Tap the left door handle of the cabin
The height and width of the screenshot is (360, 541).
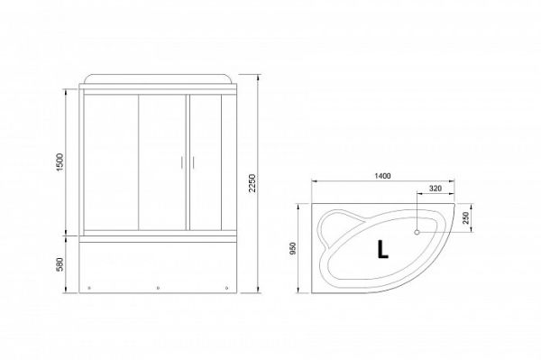tap(181, 162)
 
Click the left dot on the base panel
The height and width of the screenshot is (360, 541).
tap(91, 289)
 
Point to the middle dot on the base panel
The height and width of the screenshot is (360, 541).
tap(158, 289)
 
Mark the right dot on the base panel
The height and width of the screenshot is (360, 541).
tap(225, 289)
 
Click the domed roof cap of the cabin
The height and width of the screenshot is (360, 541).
tap(158, 78)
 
